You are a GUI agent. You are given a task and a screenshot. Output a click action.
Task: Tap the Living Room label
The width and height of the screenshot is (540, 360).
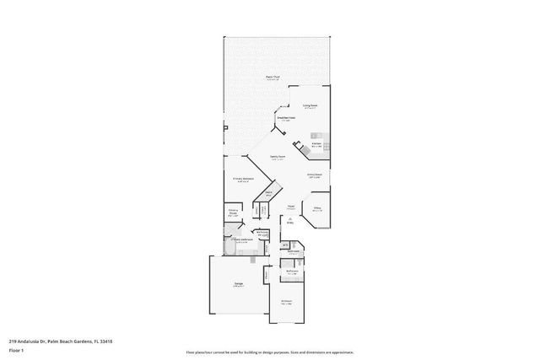point(310,106)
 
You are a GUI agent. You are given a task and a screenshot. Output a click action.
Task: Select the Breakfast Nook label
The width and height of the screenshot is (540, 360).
point(286,119)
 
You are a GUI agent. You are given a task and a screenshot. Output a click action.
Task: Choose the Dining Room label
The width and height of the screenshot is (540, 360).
point(314,176)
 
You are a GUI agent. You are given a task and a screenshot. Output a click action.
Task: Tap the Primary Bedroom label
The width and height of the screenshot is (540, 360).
point(243,179)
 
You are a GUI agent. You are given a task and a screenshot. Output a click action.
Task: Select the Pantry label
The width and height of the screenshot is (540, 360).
point(267,194)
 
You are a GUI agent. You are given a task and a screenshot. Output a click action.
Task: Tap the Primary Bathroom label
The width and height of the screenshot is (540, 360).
point(241,240)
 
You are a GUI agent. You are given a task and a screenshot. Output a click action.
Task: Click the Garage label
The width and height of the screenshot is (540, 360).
point(239,285)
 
